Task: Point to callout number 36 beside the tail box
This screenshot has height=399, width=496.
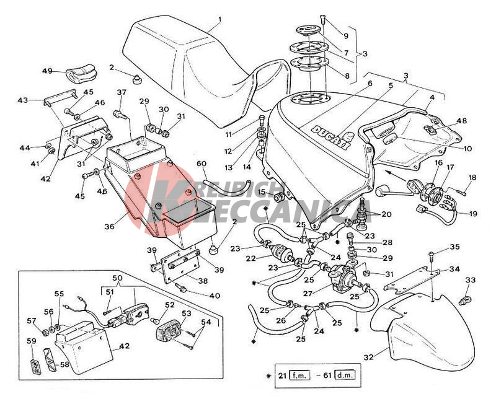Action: click(109, 227)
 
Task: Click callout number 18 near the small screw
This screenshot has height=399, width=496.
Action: click(472, 178)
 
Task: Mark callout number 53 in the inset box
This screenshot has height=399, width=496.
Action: click(186, 313)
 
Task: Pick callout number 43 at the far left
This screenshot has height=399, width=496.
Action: click(23, 99)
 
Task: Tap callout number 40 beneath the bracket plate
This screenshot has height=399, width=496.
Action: click(215, 296)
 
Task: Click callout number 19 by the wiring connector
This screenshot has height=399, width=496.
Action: click(472, 214)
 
